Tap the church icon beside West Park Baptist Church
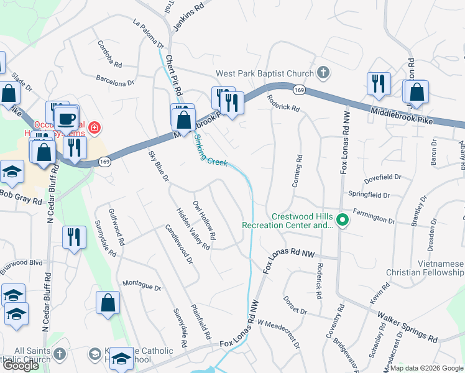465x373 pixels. [322, 73]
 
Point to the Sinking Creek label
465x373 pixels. [210, 152]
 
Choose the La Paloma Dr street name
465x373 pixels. [148, 34]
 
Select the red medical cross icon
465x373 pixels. [94, 127]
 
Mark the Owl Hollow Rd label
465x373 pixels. [204, 220]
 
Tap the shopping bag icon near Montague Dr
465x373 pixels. [108, 304]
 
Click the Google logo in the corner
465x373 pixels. [21, 366]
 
